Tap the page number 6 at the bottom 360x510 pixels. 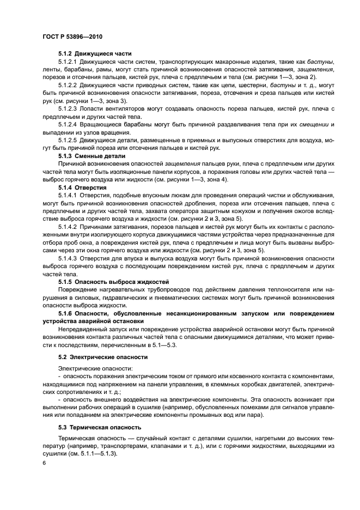(x=44, y=462)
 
